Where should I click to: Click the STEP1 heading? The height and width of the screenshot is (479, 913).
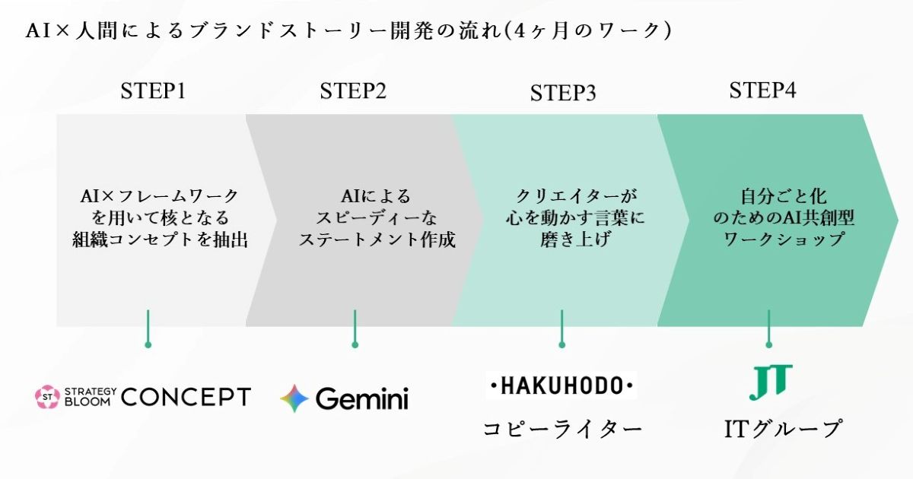point(153,91)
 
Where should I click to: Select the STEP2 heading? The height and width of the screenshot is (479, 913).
point(353,91)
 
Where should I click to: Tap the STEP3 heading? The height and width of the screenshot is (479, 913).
point(563,94)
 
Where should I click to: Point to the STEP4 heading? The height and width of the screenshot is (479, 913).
point(762,90)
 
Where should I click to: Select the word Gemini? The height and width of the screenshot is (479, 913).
point(362,398)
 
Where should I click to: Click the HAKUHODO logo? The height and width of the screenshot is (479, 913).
point(561,385)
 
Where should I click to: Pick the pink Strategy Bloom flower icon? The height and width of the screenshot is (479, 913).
point(47,396)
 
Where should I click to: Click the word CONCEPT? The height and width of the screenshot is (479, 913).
point(186,397)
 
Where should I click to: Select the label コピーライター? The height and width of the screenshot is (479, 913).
point(562,429)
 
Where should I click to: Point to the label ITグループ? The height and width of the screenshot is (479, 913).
point(783,429)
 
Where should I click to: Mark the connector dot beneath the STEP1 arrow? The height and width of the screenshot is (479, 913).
point(148,344)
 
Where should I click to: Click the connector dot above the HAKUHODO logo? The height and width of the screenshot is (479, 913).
point(561,344)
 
